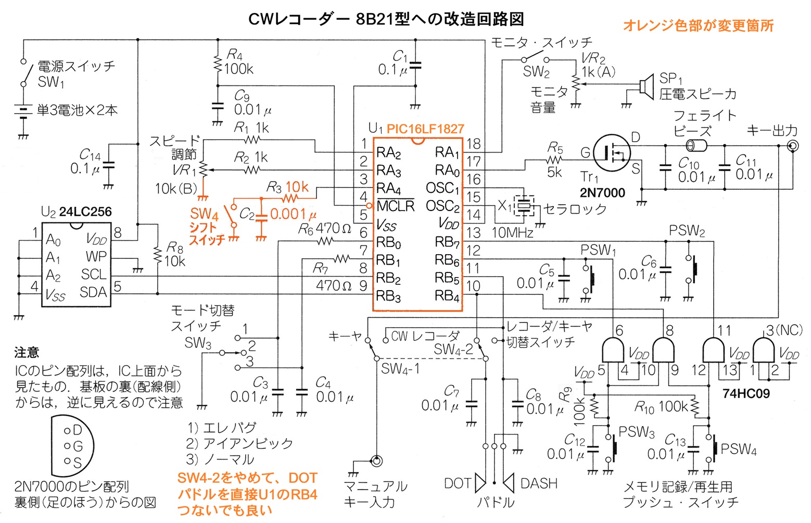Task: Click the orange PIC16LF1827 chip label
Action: pos(425,129)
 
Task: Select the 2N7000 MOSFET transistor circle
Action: pos(612,153)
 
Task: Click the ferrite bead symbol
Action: pos(696,146)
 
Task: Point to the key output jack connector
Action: pos(793,146)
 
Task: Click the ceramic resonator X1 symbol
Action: pos(524,206)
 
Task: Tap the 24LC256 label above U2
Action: pos(85,211)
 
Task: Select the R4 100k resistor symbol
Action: pos(218,65)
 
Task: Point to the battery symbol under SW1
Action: pos(23,111)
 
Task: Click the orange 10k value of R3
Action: pos(297,187)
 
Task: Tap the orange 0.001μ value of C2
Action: pos(293,214)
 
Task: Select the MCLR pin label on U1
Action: pos(396,206)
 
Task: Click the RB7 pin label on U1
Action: pos(447,242)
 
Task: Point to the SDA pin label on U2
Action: pos(93,292)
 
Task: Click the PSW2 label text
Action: pos(687,231)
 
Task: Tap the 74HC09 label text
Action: pos(746,393)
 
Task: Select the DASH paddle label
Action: pos(539,483)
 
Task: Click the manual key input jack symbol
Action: pos(376,461)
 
